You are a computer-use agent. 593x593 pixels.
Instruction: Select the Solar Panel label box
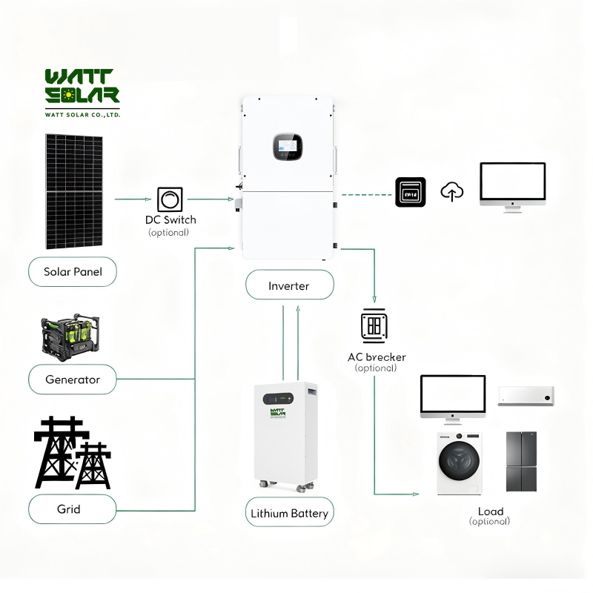(x=73, y=271)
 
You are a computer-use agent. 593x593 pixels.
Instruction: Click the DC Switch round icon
(x=170, y=199)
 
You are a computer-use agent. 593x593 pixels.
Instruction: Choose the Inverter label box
(x=289, y=285)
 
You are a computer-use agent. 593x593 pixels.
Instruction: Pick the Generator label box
(x=73, y=380)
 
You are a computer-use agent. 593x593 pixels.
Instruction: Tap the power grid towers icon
(x=73, y=452)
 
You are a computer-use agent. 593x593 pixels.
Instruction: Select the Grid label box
(x=73, y=509)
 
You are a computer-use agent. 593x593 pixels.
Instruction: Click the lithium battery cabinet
(x=285, y=434)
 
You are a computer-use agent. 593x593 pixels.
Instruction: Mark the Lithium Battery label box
(x=289, y=513)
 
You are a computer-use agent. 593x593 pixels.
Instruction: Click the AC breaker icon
(x=374, y=325)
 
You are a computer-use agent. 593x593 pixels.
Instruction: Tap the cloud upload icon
(x=452, y=192)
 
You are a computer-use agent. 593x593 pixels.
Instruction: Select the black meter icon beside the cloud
(x=410, y=192)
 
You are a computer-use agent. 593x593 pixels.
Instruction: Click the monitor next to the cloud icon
(x=512, y=185)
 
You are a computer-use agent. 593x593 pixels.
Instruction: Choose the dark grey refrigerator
(x=522, y=461)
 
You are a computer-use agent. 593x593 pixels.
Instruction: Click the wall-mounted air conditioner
(x=526, y=396)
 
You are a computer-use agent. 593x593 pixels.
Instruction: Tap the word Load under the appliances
(x=490, y=511)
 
